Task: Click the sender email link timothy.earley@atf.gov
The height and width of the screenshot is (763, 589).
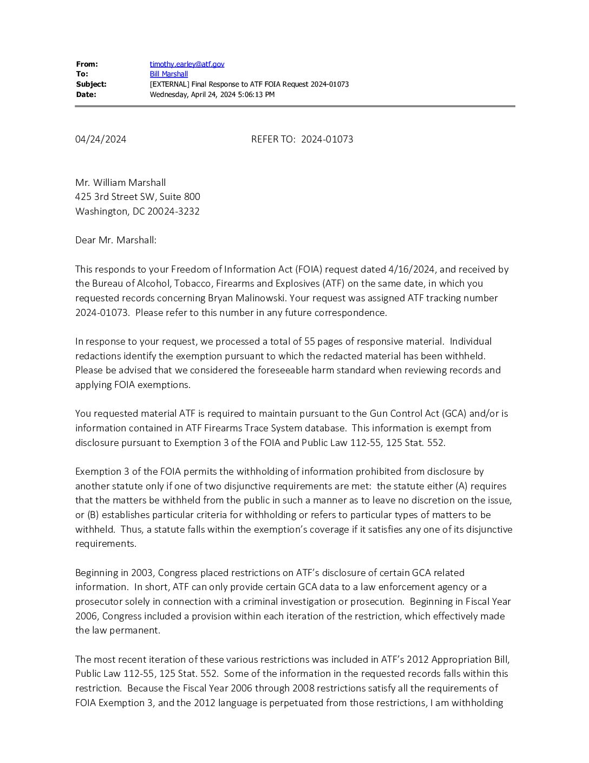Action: pyautogui.click(x=187, y=64)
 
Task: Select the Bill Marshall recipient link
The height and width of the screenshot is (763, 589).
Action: pyautogui.click(x=168, y=74)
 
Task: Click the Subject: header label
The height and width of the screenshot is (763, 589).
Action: pyautogui.click(x=91, y=84)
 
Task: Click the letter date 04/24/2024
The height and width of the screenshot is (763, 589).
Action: pyautogui.click(x=101, y=139)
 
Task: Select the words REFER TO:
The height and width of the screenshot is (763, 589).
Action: pyautogui.click(x=273, y=139)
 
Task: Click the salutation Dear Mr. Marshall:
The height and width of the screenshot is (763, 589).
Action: pyautogui.click(x=116, y=240)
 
